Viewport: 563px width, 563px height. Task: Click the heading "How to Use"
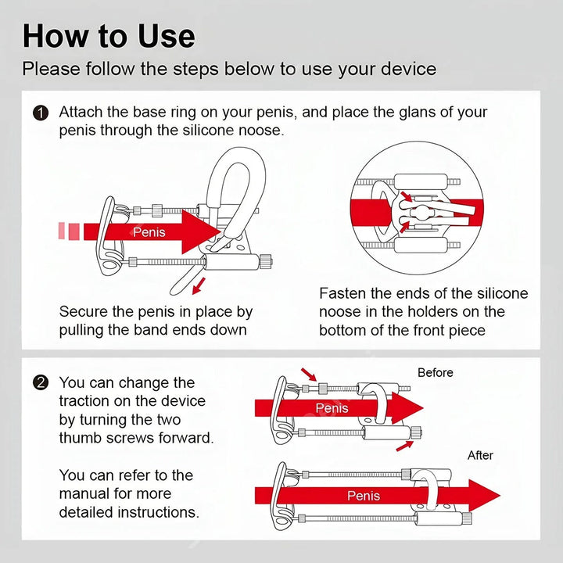(109, 37)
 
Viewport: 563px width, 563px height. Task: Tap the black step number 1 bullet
(41, 113)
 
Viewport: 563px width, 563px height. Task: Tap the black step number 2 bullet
(41, 383)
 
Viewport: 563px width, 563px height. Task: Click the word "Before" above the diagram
(435, 372)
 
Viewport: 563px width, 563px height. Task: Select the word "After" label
(480, 455)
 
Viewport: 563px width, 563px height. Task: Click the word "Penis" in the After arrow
(364, 496)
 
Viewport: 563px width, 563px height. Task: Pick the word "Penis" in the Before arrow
(332, 408)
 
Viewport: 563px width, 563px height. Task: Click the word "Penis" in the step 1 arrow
(149, 231)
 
